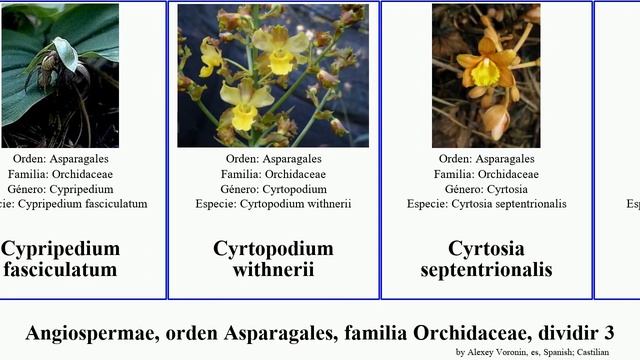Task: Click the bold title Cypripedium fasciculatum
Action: (x=60, y=258)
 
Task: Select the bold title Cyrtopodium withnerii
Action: (x=273, y=258)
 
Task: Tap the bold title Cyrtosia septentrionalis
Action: (x=486, y=258)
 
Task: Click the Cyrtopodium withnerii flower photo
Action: (x=273, y=76)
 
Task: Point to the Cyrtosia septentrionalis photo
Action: (x=486, y=76)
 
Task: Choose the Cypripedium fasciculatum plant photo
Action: (x=60, y=76)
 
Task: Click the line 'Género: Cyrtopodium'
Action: (x=273, y=189)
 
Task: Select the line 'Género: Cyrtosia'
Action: (x=486, y=189)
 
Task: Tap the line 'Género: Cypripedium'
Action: (x=70, y=189)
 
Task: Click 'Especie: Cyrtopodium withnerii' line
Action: (x=273, y=204)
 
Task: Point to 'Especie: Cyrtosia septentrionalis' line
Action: (x=486, y=204)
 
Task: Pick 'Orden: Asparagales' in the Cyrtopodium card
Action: (x=273, y=159)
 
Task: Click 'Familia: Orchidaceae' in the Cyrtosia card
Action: (x=486, y=174)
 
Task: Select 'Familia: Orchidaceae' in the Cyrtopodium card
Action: (x=273, y=174)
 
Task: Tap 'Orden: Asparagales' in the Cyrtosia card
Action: (x=486, y=159)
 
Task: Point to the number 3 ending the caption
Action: (x=608, y=333)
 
